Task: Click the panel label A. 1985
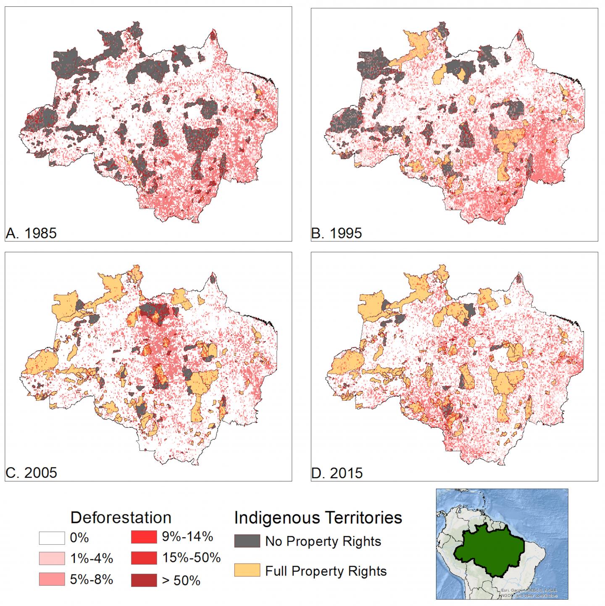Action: [x=31, y=233]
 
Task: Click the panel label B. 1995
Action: [x=337, y=233]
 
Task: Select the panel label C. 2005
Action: [x=31, y=473]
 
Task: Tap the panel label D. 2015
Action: [x=337, y=473]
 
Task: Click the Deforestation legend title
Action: [x=121, y=517]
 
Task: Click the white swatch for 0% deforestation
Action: [x=52, y=538]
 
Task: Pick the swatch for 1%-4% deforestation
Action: [x=52, y=559]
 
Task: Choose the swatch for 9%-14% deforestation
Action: [x=144, y=537]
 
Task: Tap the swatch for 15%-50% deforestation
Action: [x=144, y=558]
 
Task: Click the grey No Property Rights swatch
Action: [x=247, y=541]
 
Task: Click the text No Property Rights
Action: [x=323, y=541]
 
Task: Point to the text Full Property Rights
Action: [x=326, y=571]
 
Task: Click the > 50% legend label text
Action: [x=181, y=581]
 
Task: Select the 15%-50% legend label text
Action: [x=191, y=558]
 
